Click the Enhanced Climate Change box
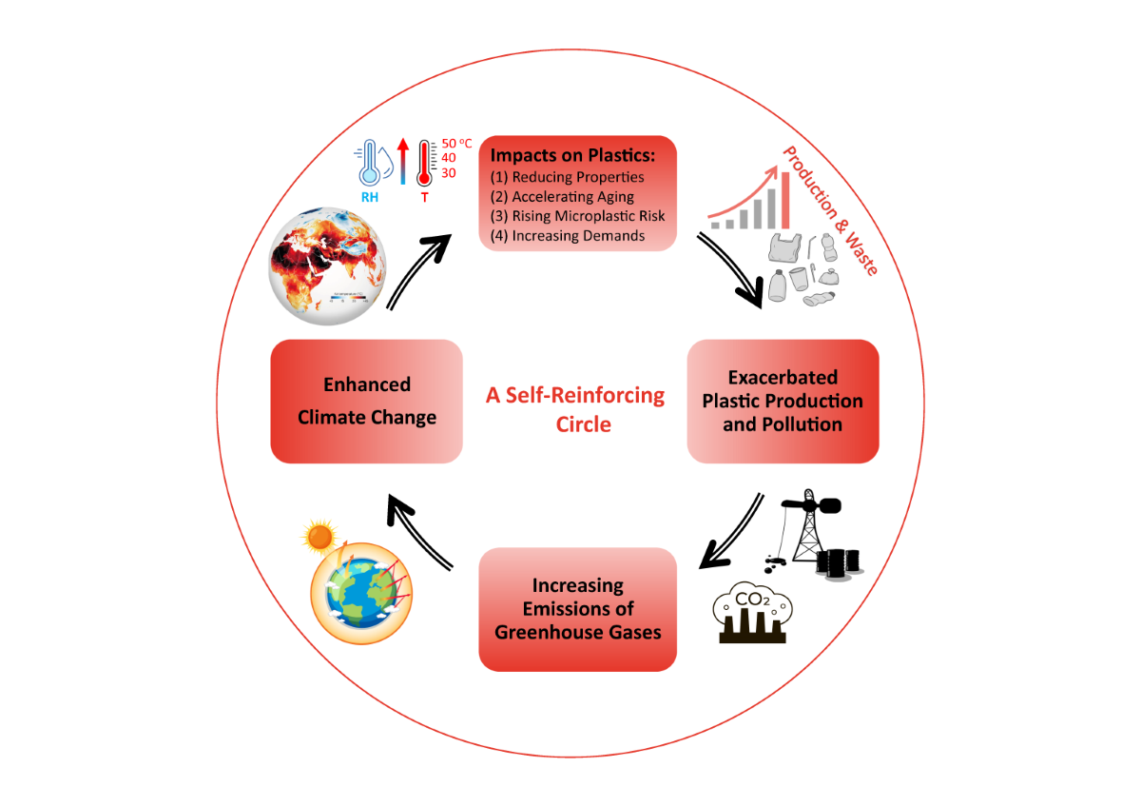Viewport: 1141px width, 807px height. click(x=366, y=401)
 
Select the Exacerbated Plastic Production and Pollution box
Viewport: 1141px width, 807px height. click(x=783, y=401)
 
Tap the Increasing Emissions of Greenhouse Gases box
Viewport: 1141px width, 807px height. click(x=577, y=608)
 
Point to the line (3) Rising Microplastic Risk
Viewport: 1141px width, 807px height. click(x=577, y=216)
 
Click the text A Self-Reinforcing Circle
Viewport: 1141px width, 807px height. click(x=575, y=409)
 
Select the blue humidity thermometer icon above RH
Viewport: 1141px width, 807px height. click(x=370, y=164)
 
